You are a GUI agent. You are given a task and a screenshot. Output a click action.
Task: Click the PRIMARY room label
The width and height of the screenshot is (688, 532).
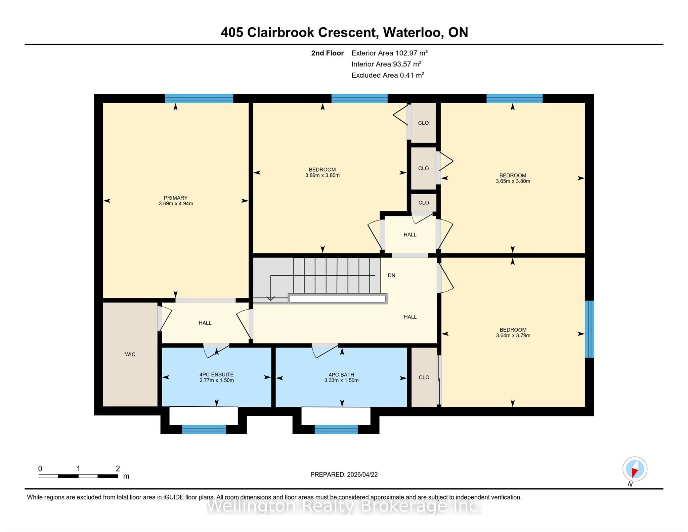175,198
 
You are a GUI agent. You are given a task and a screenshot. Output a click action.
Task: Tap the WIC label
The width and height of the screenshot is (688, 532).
130,354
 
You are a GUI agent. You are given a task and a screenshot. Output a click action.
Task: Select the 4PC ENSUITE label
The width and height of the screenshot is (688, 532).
216,374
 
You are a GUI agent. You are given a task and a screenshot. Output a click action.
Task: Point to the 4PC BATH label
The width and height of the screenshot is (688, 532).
341,375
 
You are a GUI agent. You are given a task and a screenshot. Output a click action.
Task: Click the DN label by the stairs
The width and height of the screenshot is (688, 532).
391,275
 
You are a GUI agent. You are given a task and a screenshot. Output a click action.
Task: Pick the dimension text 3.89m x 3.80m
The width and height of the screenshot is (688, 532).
322,175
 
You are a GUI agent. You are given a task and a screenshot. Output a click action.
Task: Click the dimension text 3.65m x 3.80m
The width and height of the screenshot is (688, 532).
513,181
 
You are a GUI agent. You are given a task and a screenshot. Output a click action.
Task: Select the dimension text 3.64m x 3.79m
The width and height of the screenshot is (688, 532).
513,335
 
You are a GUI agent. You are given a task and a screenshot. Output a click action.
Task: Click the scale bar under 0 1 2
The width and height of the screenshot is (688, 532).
78,476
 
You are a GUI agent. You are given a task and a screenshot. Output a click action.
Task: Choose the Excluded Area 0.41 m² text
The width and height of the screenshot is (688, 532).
388,75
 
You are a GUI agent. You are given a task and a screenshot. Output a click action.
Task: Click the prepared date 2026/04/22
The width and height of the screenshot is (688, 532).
362,475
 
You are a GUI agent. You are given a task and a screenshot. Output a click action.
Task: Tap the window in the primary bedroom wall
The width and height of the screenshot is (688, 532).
199,98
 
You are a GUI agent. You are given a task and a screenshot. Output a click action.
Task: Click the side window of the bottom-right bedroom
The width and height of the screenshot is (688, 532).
590,329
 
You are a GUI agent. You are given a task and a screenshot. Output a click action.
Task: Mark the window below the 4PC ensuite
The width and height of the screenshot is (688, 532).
204,429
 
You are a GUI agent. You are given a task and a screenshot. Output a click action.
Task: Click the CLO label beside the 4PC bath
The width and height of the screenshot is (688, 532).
424,377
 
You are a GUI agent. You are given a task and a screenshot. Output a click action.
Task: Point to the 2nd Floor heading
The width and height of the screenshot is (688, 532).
327,53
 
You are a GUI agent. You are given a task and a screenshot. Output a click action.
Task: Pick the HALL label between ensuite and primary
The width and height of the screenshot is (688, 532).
205,323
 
